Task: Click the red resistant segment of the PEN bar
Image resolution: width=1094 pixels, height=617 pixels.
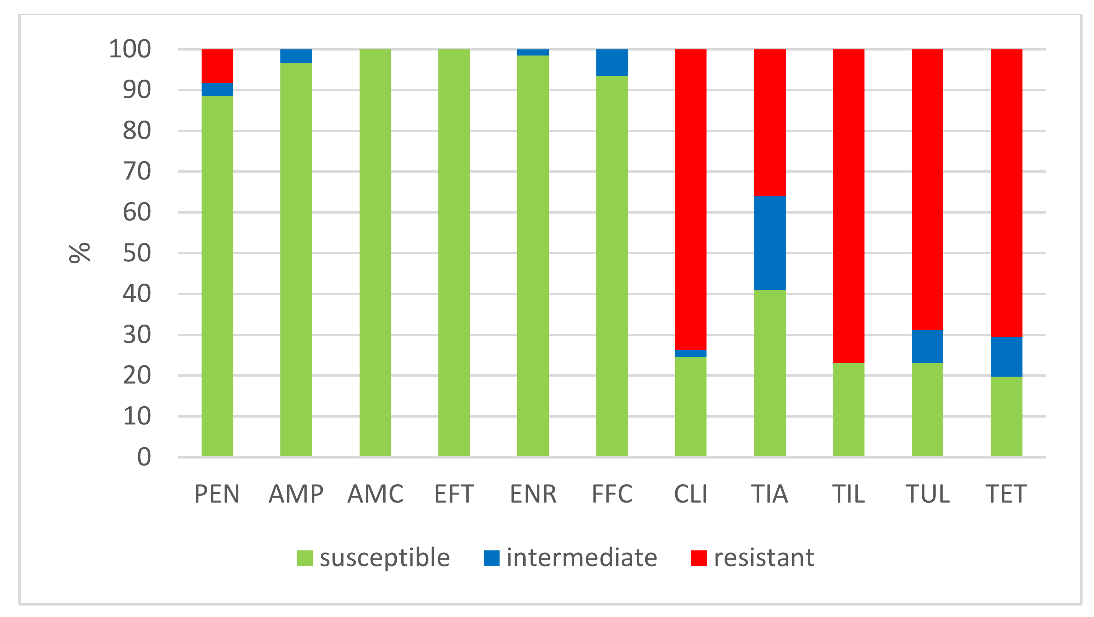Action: click(217, 66)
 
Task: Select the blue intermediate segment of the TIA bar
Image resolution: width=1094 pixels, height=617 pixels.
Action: click(769, 243)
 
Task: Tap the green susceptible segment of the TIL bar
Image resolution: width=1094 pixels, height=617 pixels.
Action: click(848, 410)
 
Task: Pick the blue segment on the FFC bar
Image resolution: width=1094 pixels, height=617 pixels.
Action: click(612, 62)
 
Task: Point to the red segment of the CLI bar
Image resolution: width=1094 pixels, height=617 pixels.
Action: click(690, 200)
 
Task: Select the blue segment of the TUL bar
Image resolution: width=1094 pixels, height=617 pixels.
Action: click(927, 346)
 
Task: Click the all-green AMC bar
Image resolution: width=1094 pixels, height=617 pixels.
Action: click(375, 253)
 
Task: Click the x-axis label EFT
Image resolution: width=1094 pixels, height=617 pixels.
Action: click(454, 494)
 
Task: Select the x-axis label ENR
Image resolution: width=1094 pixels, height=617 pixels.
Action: click(533, 494)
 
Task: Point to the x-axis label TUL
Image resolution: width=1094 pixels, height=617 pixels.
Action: click(927, 494)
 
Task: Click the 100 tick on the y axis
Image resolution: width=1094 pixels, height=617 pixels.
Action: click(130, 49)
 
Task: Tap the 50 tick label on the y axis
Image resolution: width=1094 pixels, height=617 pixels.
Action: click(137, 253)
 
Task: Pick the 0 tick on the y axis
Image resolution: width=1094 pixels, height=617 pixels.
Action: click(144, 457)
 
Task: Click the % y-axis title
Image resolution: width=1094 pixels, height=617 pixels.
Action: click(80, 253)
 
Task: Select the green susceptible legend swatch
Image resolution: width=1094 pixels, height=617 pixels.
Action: click(304, 558)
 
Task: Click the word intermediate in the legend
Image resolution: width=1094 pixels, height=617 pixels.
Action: click(581, 558)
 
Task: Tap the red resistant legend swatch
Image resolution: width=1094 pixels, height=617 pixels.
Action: click(698, 558)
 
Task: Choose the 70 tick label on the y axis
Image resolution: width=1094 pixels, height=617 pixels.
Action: click(137, 172)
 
